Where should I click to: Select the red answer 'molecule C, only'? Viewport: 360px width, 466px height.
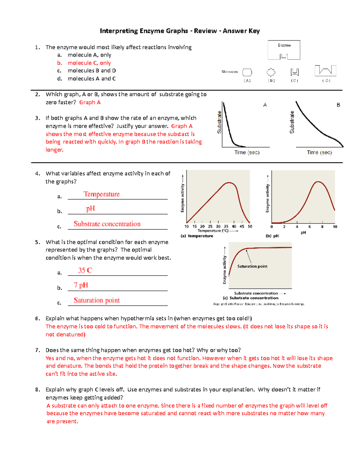tap(89, 63)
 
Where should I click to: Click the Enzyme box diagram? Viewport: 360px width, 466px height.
tap(284, 50)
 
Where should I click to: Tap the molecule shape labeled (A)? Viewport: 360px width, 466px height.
tap(247, 72)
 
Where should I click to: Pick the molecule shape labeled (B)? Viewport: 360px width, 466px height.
tap(271, 72)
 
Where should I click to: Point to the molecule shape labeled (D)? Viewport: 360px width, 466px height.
tap(325, 71)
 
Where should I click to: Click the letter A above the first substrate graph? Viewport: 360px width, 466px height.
tap(265, 105)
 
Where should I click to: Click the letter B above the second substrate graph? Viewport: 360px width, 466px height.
tap(338, 105)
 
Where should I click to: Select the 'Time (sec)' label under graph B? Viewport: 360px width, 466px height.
tap(319, 152)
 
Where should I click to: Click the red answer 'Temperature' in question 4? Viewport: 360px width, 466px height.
tap(101, 194)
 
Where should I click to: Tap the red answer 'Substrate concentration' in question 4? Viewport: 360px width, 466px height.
tap(107, 224)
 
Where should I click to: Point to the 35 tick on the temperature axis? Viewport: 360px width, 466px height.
tap(226, 227)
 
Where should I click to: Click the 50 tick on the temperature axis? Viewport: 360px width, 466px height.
tap(250, 227)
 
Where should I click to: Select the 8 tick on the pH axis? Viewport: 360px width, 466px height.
tap(322, 227)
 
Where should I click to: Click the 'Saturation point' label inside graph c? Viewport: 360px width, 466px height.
tap(252, 266)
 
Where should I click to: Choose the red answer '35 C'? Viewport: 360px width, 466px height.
tap(85, 270)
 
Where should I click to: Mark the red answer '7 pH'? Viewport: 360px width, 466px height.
tap(81, 285)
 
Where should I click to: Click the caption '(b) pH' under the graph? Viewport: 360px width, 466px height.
tap(272, 236)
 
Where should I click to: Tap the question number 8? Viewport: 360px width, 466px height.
tap(37, 390)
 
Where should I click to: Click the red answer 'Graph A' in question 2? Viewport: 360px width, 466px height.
tap(90, 102)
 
